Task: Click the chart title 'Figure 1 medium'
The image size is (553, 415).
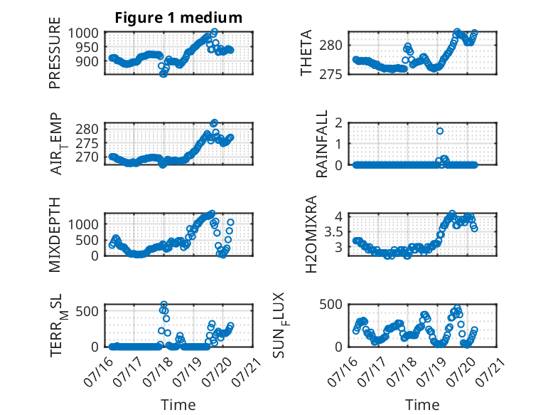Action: (178, 18)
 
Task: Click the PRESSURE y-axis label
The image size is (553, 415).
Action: (55, 53)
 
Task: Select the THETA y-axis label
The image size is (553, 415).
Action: (306, 53)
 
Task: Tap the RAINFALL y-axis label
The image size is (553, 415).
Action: (322, 144)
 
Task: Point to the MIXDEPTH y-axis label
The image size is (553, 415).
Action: (55, 234)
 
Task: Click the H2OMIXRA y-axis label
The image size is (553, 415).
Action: (311, 234)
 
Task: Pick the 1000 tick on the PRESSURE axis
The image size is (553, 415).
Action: (83, 33)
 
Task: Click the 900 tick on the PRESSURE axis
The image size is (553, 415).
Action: (87, 61)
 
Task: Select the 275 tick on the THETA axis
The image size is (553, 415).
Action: (331, 74)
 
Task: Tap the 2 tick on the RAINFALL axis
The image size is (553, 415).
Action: (338, 122)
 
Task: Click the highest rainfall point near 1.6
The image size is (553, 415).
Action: (440, 131)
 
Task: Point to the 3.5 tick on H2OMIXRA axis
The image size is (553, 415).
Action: (333, 232)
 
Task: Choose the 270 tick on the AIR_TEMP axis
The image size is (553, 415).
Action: (87, 157)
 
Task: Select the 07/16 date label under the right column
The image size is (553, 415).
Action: (342, 370)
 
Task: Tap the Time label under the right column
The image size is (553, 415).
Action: (422, 405)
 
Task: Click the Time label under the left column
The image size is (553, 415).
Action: (178, 405)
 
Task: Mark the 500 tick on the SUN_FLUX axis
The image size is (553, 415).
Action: (331, 304)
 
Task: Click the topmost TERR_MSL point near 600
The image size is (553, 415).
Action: (163, 304)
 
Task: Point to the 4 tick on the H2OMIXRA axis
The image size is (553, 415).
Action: (338, 216)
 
